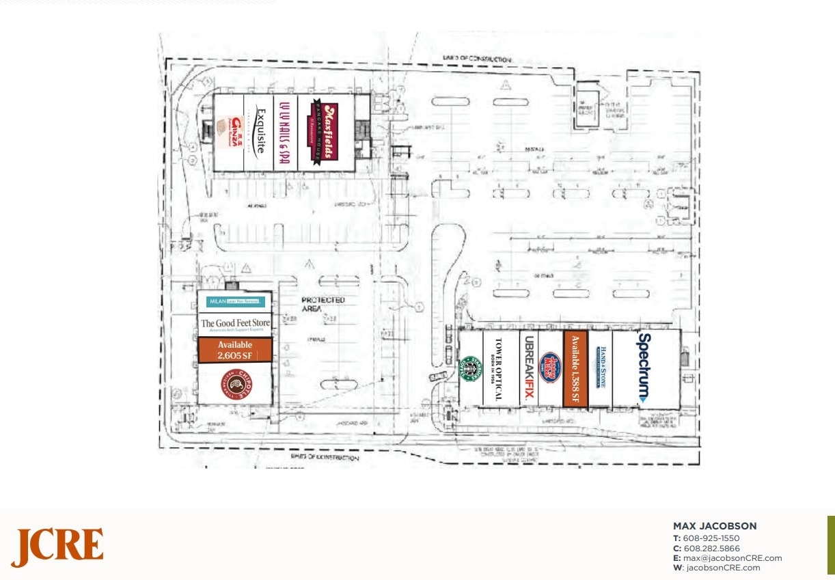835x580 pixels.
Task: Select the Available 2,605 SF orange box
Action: click(235, 350)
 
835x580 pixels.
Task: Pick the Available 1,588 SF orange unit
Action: click(575, 370)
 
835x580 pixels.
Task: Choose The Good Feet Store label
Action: click(235, 324)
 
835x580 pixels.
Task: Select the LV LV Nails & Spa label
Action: click(284, 132)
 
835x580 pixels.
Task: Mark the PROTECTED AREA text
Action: click(323, 304)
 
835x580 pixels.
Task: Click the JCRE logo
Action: click(57, 547)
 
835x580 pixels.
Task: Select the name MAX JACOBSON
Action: click(715, 526)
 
